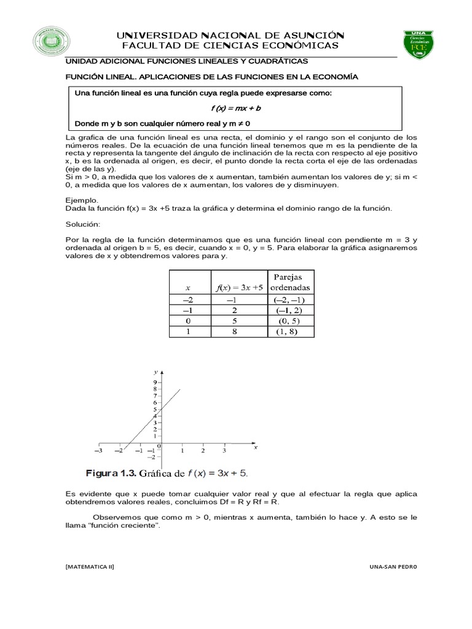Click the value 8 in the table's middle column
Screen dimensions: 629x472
pos(234,332)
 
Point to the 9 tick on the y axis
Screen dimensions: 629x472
pos(155,382)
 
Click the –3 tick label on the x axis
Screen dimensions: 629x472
pos(98,451)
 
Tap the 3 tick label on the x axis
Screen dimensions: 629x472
pos(224,451)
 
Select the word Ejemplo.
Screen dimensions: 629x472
pos(82,200)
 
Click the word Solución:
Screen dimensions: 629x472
pos(82,224)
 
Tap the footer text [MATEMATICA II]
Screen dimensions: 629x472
pos(90,567)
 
